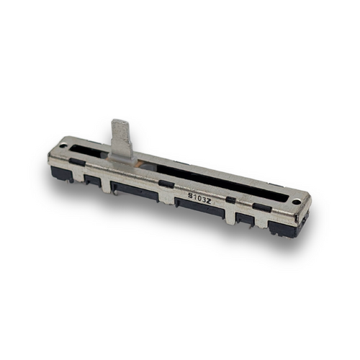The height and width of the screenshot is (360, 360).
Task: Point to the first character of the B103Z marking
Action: pos(190,194)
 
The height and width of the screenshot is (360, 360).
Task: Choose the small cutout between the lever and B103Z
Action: pos(166,184)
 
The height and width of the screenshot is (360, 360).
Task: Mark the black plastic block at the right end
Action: pos(282,227)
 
